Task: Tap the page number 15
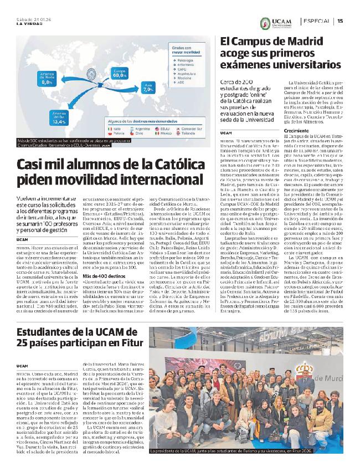pyautogui.click(x=340, y=21)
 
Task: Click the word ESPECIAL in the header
pyautogui.click(x=317, y=21)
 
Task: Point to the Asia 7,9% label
pyautogui.click(x=148, y=88)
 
